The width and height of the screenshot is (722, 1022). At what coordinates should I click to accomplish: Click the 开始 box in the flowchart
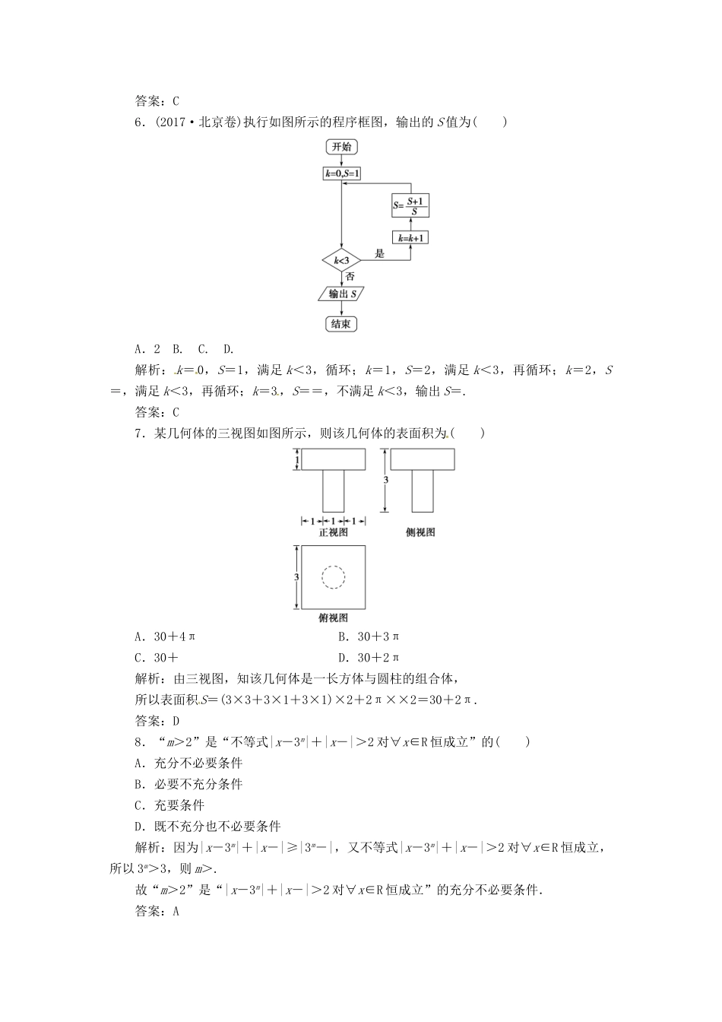342,147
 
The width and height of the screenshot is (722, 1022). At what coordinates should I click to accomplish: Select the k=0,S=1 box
342,174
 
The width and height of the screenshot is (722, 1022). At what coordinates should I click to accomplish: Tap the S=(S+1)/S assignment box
410,205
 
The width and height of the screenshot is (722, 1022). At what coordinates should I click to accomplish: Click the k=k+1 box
410,238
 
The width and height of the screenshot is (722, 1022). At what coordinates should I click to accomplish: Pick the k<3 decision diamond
342,261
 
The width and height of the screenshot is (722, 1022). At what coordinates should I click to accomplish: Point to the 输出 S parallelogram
340,294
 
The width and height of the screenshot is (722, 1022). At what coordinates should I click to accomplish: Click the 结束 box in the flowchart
341,324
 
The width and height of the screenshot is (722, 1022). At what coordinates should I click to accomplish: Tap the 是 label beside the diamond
380,254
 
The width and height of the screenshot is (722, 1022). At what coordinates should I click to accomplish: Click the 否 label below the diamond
350,277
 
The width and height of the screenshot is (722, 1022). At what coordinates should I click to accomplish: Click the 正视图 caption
333,532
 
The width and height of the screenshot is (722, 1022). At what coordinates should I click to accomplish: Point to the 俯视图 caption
333,617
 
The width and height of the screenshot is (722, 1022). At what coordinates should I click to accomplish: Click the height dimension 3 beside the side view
386,481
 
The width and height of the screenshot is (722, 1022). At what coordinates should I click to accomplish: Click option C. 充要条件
169,805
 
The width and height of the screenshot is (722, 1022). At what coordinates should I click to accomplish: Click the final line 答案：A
156,911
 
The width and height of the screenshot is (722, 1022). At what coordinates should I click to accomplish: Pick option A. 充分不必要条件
188,763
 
